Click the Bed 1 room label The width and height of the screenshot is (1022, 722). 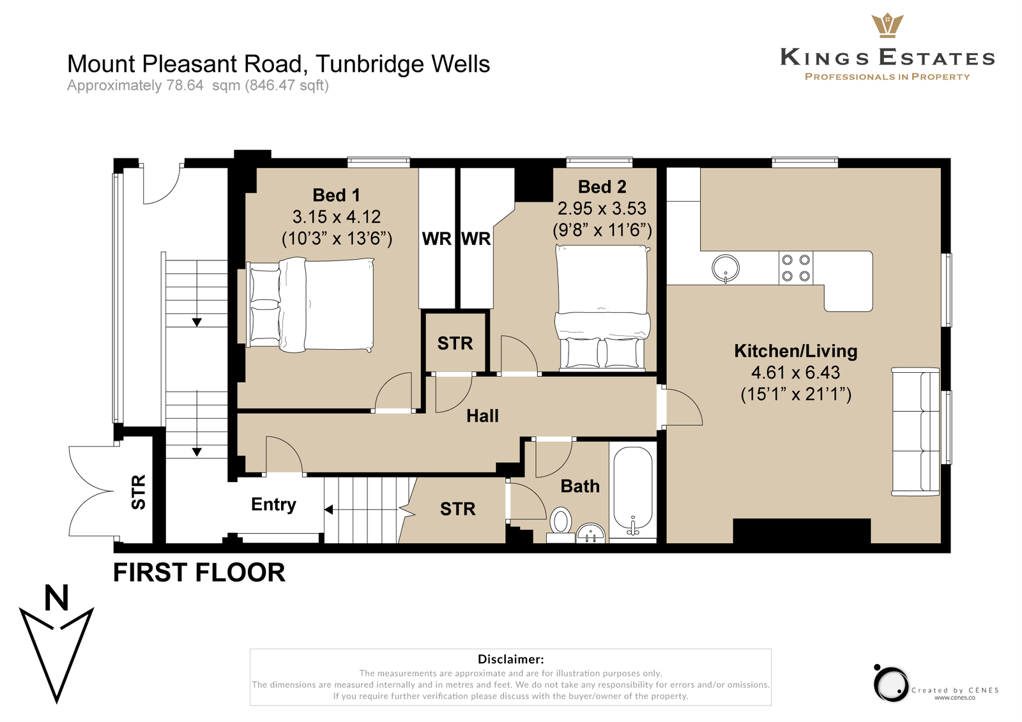tap(336, 195)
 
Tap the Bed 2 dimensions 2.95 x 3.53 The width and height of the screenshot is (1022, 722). tap(602, 209)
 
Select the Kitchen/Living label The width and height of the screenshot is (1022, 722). tap(796, 350)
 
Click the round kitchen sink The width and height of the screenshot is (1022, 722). tap(726, 269)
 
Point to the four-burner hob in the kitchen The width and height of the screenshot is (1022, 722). tap(796, 267)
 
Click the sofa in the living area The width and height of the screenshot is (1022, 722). tap(915, 432)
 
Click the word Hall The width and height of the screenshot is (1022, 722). tap(482, 416)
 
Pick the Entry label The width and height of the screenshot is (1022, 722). tap(273, 504)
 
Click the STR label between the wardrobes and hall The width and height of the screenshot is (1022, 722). tap(455, 343)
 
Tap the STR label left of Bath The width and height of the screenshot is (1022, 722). tap(457, 509)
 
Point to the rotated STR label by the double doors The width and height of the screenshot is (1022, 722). tap(138, 492)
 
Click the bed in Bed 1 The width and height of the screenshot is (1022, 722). tap(310, 305)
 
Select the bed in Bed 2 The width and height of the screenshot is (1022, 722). tap(602, 306)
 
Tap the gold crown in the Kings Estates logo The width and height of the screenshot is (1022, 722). tap(887, 26)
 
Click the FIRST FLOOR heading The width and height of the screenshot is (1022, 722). tap(199, 573)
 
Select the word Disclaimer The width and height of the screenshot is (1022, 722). tap(510, 659)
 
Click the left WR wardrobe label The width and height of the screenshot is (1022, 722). tap(437, 239)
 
